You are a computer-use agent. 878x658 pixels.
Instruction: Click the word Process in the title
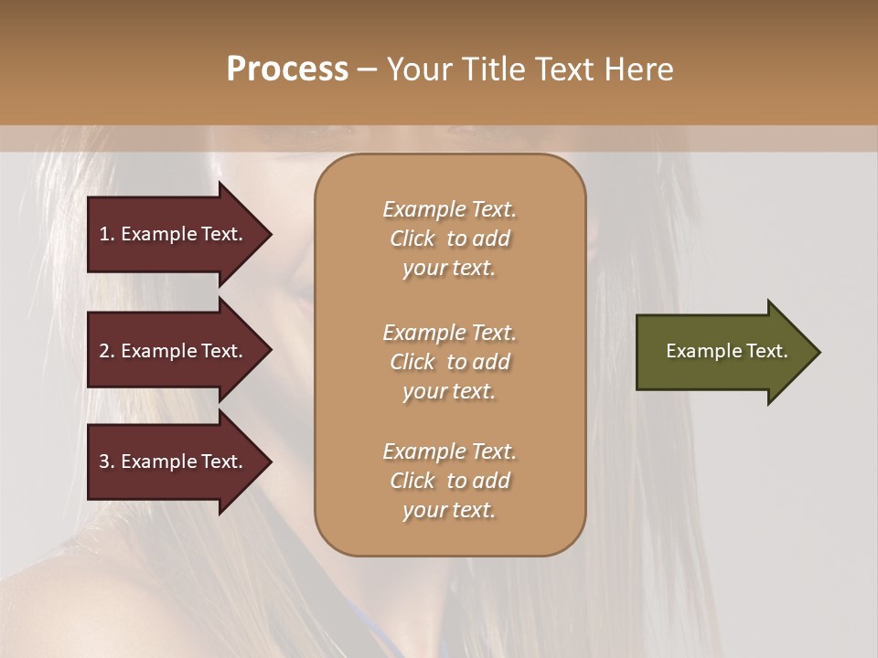287,69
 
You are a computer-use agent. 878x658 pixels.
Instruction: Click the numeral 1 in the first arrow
104,234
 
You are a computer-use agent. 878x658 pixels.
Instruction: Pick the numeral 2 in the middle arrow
104,351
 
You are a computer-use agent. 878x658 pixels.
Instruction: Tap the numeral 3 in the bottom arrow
104,462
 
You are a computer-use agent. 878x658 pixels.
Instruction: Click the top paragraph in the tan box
449,239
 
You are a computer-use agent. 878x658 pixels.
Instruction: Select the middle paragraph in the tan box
449,362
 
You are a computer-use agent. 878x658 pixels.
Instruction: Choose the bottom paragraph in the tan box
449,481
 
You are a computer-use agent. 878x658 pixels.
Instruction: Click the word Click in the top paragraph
412,239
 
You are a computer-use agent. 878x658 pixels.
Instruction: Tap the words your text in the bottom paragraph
449,511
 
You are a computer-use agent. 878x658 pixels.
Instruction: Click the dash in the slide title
367,69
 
